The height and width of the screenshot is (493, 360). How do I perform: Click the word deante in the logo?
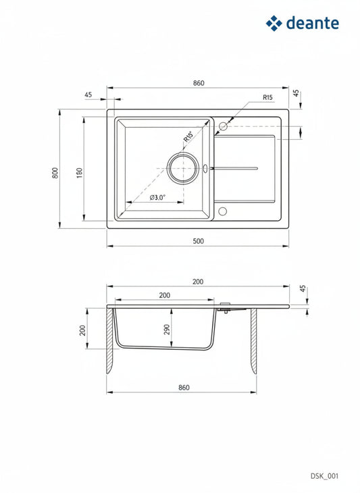click(x=313, y=23)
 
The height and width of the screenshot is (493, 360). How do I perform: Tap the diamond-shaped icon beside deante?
click(x=274, y=23)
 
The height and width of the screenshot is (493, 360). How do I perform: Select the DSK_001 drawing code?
click(x=324, y=475)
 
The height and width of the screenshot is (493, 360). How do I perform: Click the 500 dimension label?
click(x=198, y=241)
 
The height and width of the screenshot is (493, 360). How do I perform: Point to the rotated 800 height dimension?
click(x=55, y=173)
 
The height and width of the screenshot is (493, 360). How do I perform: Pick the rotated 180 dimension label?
click(x=80, y=174)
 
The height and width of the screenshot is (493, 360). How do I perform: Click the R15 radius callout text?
click(x=267, y=97)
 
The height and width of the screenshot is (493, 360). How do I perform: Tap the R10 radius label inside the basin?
click(x=189, y=137)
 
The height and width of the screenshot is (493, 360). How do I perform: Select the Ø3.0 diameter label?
click(x=157, y=197)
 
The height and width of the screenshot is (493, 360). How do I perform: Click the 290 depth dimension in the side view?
click(x=167, y=329)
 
